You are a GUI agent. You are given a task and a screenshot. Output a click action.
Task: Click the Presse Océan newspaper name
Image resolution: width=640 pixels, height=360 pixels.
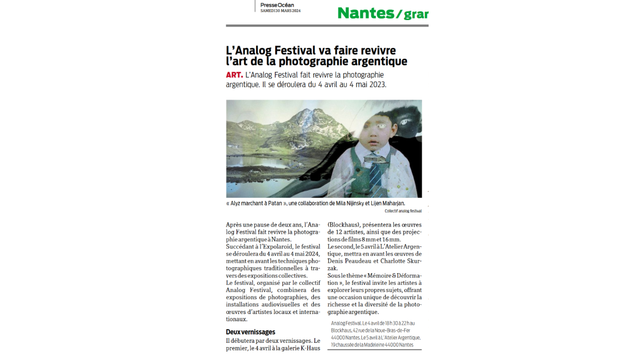[x=277, y=5]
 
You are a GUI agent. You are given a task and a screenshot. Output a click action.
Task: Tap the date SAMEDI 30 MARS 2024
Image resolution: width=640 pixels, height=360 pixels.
[x=280, y=11]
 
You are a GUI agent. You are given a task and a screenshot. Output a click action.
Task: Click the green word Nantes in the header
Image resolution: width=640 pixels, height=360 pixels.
[x=366, y=13]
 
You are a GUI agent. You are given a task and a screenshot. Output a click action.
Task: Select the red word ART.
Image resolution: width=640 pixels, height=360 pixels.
[x=234, y=75]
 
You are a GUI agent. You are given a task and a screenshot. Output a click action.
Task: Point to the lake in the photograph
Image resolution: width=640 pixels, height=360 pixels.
[x=263, y=163]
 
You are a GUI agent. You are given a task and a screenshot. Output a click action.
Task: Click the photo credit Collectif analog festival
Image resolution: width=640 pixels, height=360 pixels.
[x=403, y=211]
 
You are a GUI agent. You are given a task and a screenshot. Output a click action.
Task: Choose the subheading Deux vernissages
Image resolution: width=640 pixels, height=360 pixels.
[x=250, y=332]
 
